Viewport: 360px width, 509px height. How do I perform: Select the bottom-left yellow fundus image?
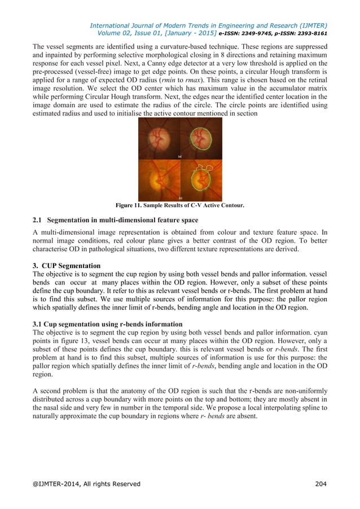(x=159, y=180)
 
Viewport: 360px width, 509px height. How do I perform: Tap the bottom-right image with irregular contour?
(x=200, y=180)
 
